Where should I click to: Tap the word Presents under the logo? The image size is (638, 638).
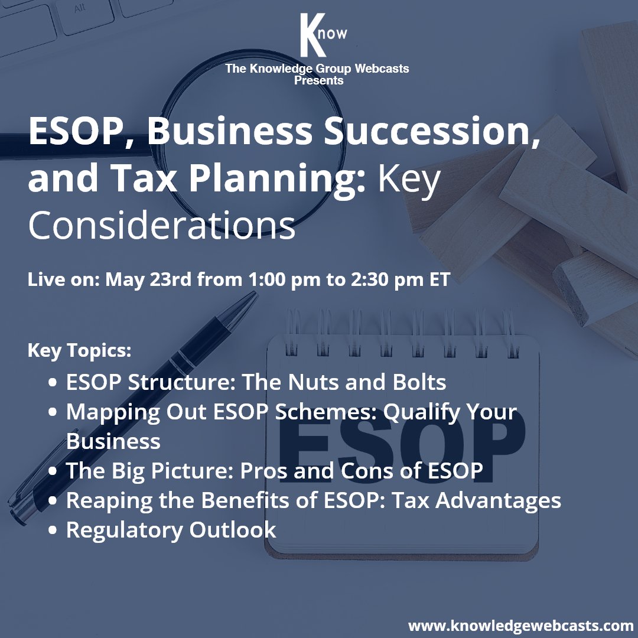[318, 80]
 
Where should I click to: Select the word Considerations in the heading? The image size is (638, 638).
[162, 226]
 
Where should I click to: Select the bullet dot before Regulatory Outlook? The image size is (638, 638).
[53, 530]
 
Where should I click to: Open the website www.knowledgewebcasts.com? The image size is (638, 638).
[520, 625]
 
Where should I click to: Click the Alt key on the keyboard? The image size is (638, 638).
[79, 9]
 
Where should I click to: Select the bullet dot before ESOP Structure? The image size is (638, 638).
[53, 383]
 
